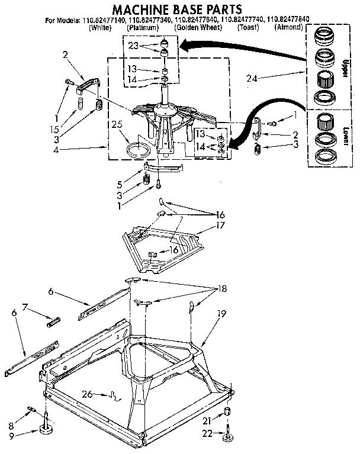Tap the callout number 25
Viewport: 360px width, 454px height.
click(x=117, y=124)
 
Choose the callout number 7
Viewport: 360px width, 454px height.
click(x=25, y=306)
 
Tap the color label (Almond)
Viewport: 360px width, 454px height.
click(x=291, y=27)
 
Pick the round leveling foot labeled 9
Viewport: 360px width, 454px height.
click(x=47, y=429)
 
